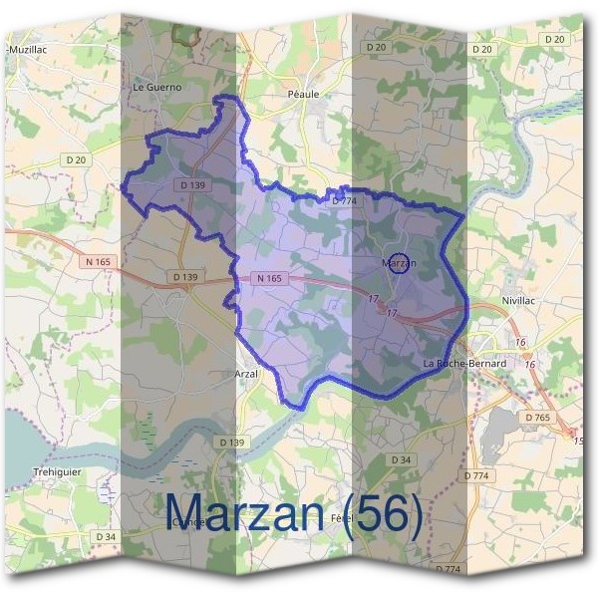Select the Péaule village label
pyautogui.click(x=304, y=94)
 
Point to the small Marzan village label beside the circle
pyautogui.click(x=399, y=263)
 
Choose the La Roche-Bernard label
pyautogui.click(x=464, y=364)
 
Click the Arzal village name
pyautogui.click(x=245, y=373)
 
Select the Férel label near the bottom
pyautogui.click(x=342, y=520)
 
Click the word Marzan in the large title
pyautogui.click(x=243, y=512)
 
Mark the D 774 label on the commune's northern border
pyautogui.click(x=343, y=201)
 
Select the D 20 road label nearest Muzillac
pyautogui.click(x=76, y=159)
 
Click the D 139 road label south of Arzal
pyautogui.click(x=230, y=442)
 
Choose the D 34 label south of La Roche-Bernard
pyautogui.click(x=401, y=459)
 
